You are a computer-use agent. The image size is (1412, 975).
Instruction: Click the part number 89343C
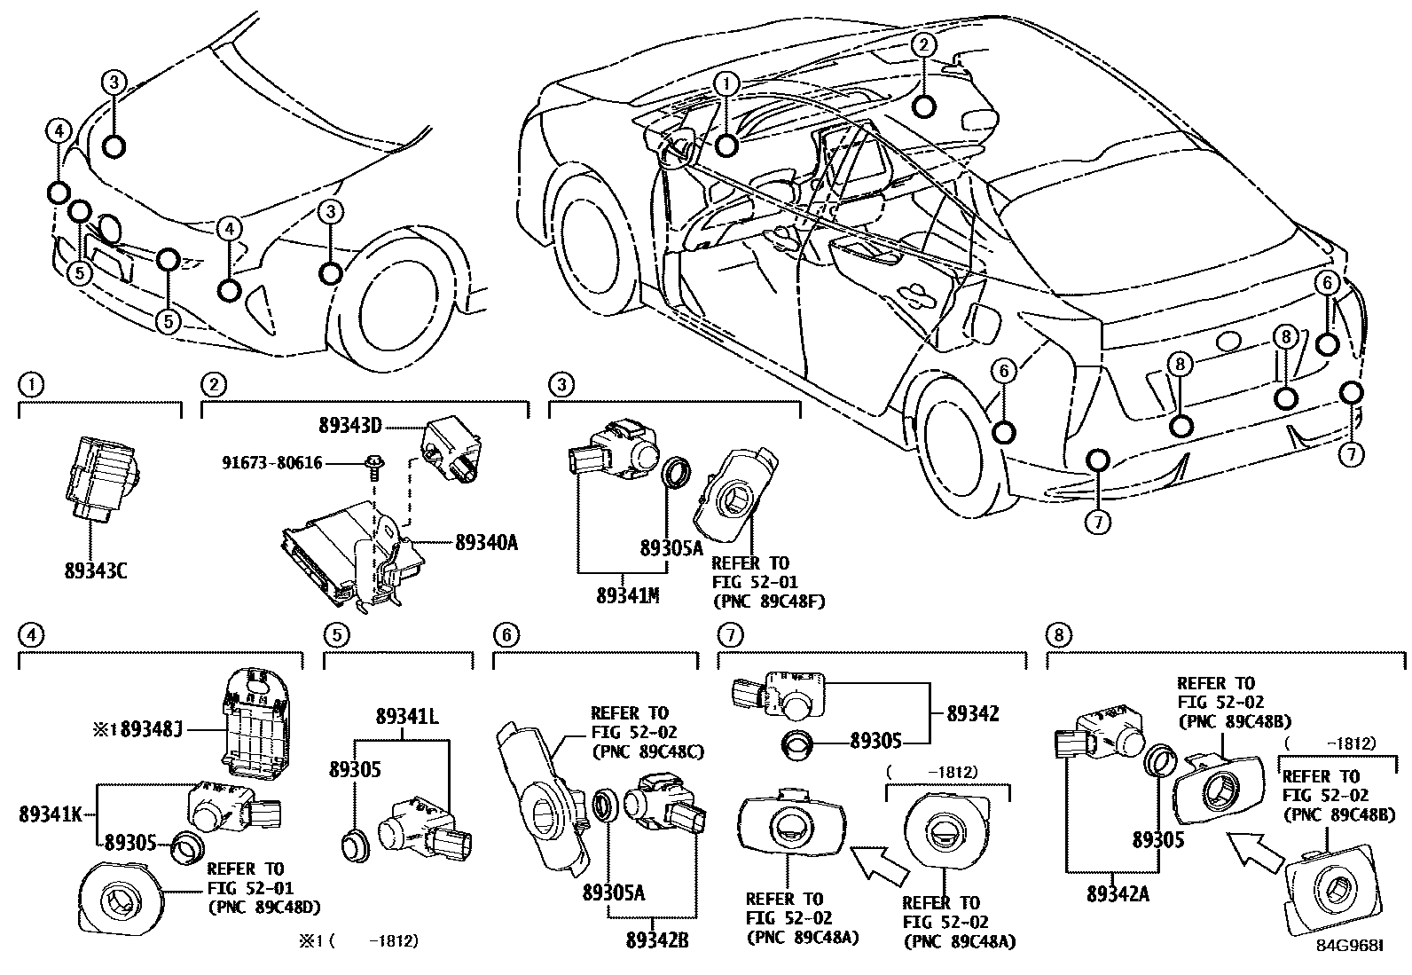(95, 570)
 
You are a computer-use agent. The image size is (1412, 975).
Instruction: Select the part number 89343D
(349, 426)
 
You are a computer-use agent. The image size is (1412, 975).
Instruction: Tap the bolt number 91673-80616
(272, 463)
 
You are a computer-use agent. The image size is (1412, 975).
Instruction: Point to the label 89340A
(485, 542)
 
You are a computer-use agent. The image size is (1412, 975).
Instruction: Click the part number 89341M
(626, 597)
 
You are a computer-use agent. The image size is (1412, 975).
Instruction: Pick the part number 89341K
(51, 813)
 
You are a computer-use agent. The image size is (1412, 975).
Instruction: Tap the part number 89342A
(1118, 894)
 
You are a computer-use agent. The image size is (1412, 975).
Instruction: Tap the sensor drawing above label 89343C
(100, 476)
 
